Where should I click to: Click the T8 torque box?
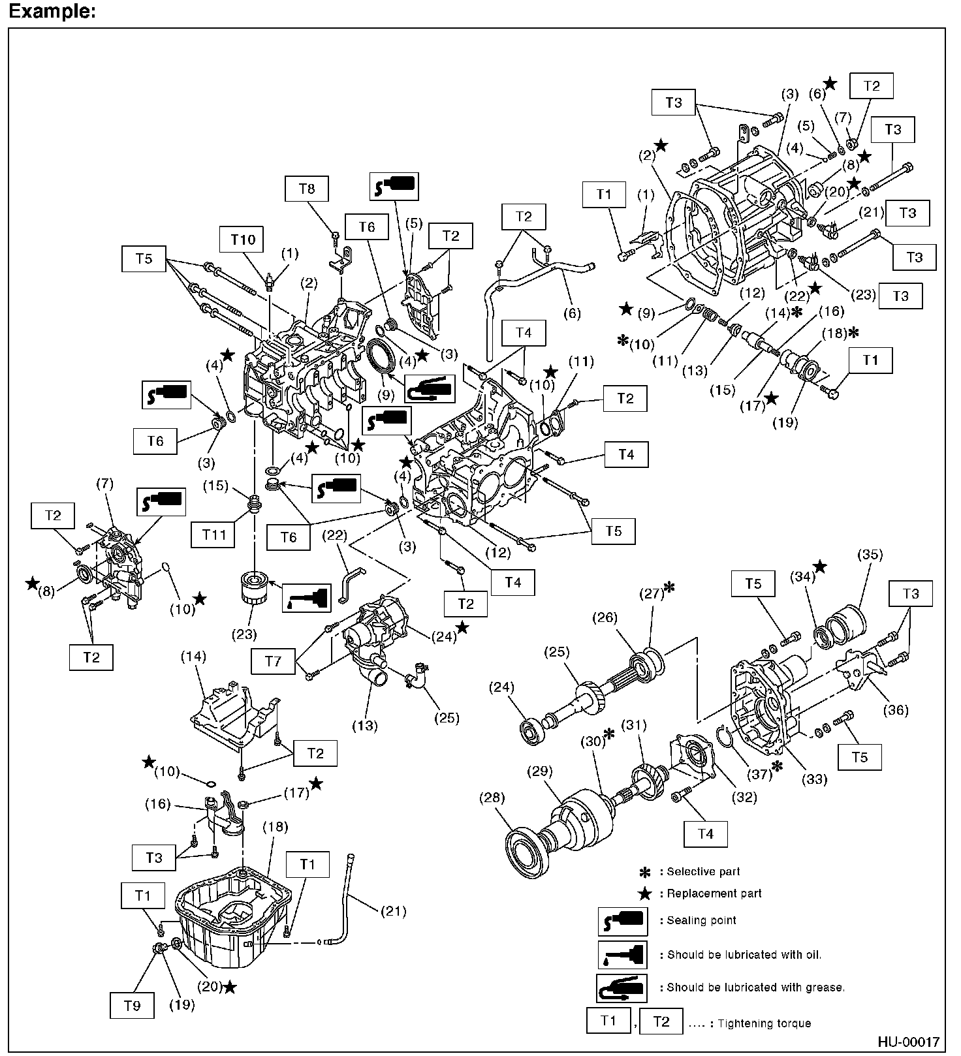306,189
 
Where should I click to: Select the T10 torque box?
243,240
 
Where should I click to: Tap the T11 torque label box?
214,535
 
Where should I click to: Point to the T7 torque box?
273,661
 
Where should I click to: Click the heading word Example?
51,11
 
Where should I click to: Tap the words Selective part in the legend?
703,871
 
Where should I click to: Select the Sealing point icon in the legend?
622,921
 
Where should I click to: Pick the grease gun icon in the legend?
622,988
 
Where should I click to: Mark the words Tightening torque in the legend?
764,1023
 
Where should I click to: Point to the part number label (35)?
868,555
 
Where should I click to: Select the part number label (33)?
815,779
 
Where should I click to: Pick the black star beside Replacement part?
645,893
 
